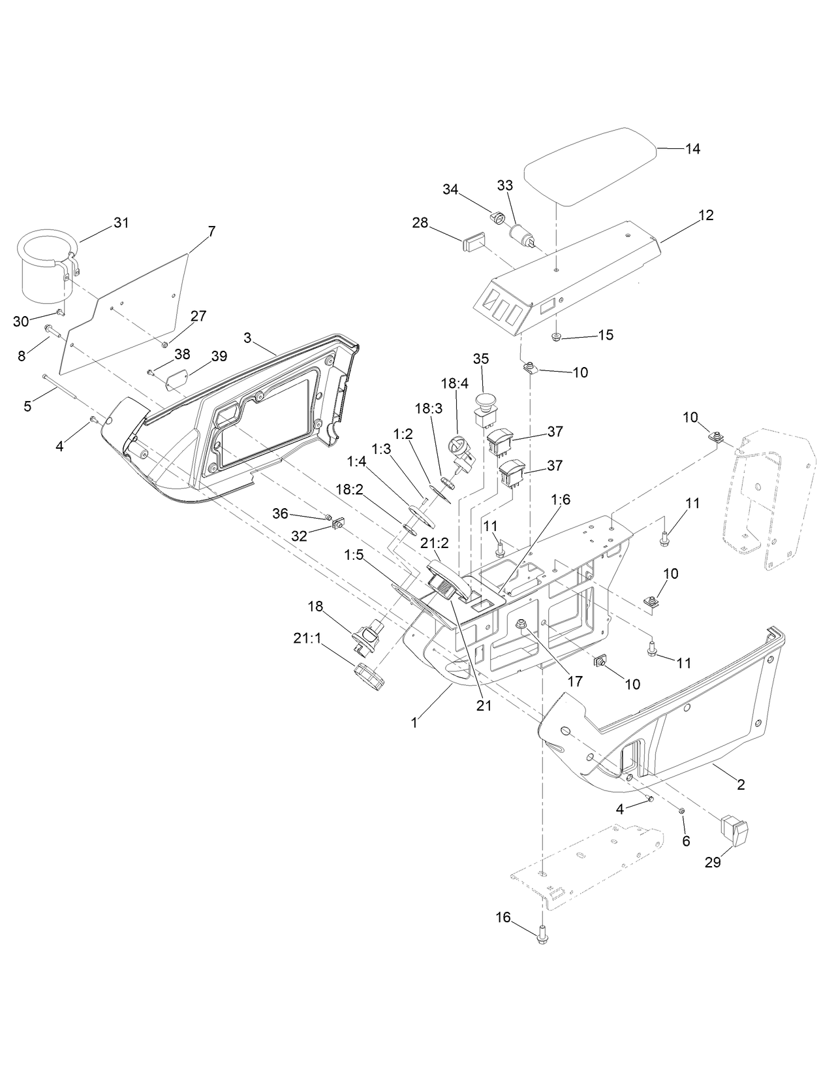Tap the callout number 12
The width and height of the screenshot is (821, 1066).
pyautogui.click(x=706, y=215)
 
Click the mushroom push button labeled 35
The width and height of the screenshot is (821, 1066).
pyautogui.click(x=484, y=401)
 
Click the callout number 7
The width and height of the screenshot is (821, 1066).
pyautogui.click(x=211, y=231)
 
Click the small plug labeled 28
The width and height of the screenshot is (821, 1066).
pyautogui.click(x=474, y=244)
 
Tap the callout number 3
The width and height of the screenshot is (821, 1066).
pyautogui.click(x=247, y=338)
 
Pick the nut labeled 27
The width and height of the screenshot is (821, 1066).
pyautogui.click(x=164, y=344)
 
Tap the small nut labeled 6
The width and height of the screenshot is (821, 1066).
pyautogui.click(x=681, y=811)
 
